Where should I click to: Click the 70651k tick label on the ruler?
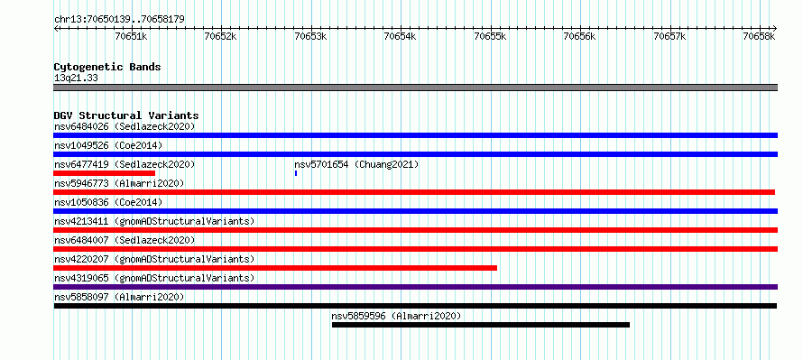[x=131, y=36]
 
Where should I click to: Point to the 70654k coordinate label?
[x=401, y=36]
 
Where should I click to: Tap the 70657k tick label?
[x=671, y=36]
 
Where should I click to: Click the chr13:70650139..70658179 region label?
[x=119, y=20]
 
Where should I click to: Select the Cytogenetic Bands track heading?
[x=107, y=67]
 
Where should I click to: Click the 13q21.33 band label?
[x=76, y=78]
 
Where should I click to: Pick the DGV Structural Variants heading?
[x=126, y=115]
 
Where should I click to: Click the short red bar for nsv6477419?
[x=104, y=173]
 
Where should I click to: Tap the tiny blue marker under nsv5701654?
[x=296, y=173]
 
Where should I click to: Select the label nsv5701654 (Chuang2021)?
[x=356, y=164]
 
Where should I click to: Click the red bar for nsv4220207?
[x=275, y=268]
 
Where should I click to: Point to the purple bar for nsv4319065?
[x=415, y=287]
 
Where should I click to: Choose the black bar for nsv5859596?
[x=480, y=325]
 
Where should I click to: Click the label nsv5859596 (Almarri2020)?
[x=396, y=316]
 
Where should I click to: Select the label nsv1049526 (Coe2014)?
[x=108, y=145]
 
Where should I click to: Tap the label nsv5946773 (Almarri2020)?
[x=119, y=183]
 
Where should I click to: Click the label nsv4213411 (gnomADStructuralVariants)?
[x=154, y=221]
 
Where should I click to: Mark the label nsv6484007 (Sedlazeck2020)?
[x=125, y=240]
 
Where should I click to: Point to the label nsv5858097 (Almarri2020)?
[x=119, y=297]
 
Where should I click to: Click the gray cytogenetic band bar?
[x=415, y=88]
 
